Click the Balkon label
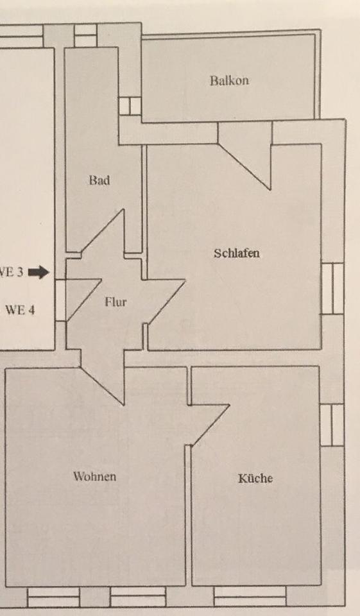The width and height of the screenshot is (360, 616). point(229,81)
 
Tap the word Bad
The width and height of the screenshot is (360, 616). point(99,180)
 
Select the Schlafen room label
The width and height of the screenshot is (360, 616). point(237,253)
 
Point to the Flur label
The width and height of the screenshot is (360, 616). point(116,302)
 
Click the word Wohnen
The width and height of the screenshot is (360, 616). point(95,477)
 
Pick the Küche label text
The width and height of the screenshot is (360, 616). point(255,478)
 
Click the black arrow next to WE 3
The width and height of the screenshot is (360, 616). point(39,272)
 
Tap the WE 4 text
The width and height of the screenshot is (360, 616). point(20,310)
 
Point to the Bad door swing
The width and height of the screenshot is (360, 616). point(103,232)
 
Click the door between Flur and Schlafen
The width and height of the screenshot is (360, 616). point(165,302)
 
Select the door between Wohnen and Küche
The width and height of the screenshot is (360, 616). point(209,425)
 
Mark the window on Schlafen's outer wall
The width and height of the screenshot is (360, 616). point(332,289)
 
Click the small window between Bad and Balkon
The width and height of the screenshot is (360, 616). point(130,106)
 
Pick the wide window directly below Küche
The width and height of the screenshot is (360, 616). point(250,596)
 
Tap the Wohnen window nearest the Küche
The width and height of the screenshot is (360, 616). point(138,596)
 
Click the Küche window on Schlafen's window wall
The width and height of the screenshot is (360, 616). point(332,425)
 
